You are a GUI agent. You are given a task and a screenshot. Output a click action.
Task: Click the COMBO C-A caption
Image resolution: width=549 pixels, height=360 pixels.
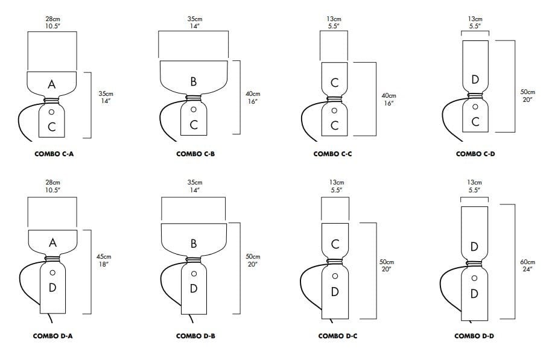53,154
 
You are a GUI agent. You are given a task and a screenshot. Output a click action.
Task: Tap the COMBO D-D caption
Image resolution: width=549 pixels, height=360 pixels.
474,336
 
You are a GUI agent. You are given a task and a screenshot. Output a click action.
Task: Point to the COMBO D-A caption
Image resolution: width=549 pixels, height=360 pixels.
53,336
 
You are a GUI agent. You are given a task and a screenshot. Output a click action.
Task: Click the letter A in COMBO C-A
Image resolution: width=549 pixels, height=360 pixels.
52,84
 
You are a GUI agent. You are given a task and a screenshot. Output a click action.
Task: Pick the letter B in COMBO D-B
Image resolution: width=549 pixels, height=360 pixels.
194,244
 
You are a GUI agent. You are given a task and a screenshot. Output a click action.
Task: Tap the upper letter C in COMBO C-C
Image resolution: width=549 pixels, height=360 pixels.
335,82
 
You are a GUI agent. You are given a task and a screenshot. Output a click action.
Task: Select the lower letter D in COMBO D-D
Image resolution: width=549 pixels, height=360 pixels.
474,294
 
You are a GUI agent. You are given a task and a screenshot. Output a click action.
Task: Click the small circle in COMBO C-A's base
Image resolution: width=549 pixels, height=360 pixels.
52,112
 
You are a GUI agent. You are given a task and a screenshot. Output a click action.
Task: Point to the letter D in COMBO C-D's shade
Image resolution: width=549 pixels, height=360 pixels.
475,80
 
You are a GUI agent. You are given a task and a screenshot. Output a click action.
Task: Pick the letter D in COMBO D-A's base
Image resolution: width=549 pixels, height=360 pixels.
52,288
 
